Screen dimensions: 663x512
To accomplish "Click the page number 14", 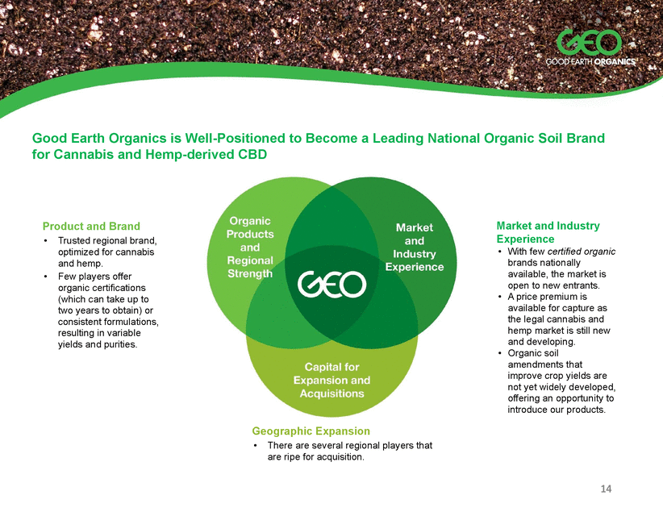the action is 606,489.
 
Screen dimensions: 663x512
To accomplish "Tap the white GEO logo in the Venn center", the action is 331,284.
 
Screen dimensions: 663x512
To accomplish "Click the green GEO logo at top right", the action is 589,43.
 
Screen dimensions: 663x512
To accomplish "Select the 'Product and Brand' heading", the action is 91,227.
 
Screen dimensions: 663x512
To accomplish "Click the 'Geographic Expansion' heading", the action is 311,431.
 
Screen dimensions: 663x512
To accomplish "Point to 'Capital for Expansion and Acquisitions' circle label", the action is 332,380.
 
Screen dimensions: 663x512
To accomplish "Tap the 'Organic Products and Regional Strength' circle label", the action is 250,247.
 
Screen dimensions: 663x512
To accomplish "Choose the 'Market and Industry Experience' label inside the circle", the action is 415,247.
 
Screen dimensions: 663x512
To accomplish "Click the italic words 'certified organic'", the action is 582,252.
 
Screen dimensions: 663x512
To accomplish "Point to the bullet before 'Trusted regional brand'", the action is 45,241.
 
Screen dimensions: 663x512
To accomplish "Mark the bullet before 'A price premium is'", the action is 500,297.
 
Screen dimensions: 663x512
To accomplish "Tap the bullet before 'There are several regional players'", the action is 255,446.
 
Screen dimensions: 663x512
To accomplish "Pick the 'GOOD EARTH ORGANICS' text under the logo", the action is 590,62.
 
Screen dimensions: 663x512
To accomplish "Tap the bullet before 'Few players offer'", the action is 45,277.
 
